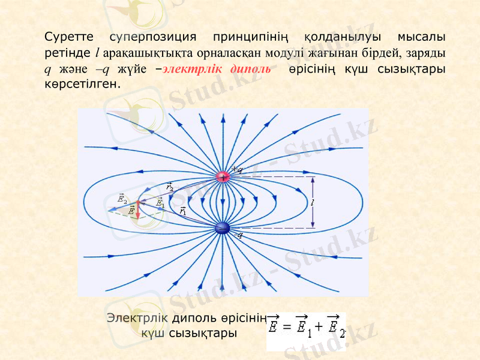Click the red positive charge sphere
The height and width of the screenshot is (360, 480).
click(x=223, y=177)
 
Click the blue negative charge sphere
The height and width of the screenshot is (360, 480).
click(x=223, y=228)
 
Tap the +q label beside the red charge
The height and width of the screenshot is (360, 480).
click(x=237, y=170)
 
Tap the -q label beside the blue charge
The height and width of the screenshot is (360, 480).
click(x=238, y=235)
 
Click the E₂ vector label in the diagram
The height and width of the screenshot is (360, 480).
click(x=122, y=198)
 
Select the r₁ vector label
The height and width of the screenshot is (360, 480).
click(x=183, y=210)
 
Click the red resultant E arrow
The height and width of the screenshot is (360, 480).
click(x=137, y=209)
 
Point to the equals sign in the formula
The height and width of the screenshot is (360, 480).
click(x=286, y=328)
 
